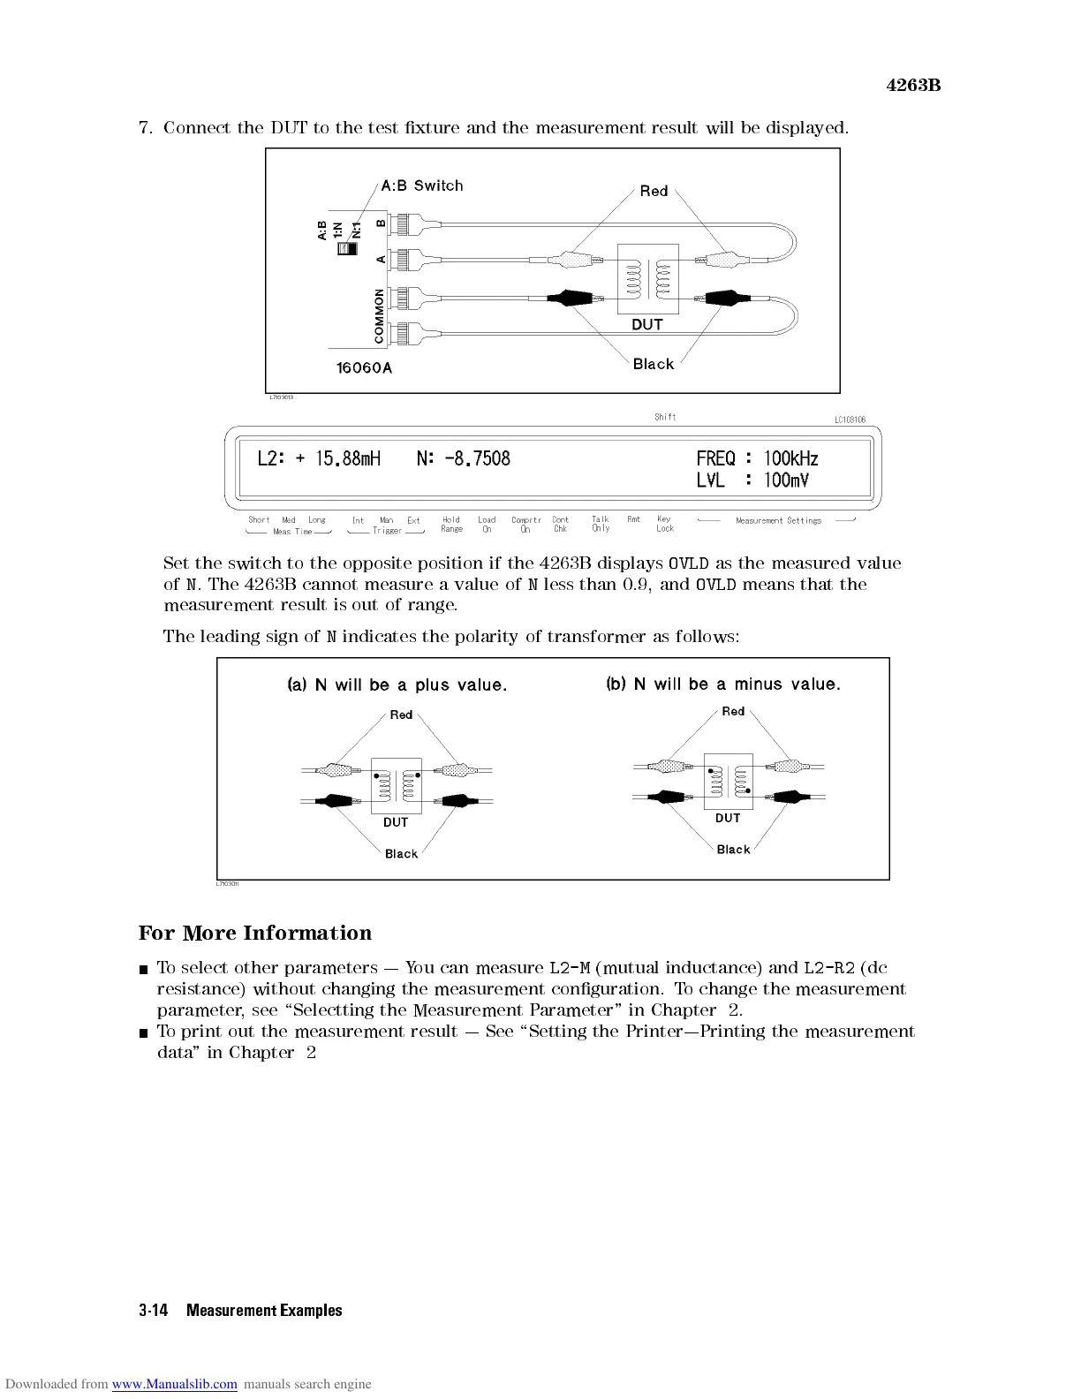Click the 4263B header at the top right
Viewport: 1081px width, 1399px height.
(x=913, y=86)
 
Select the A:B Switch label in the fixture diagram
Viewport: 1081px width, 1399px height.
(x=421, y=185)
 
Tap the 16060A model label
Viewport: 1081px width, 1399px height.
(x=364, y=367)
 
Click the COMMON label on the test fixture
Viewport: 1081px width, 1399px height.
(x=379, y=315)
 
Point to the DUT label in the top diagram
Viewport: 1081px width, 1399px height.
(x=646, y=325)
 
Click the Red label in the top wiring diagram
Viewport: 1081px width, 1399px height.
(x=654, y=191)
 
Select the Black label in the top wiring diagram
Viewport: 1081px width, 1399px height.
(x=653, y=364)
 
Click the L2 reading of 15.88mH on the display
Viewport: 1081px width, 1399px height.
(x=319, y=458)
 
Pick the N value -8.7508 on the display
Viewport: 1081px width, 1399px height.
(x=463, y=458)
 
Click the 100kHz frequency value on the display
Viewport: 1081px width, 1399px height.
(x=790, y=458)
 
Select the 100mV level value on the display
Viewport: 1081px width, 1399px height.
(x=786, y=480)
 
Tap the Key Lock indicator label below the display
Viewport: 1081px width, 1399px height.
(x=664, y=524)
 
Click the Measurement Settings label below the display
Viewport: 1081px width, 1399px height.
(x=778, y=521)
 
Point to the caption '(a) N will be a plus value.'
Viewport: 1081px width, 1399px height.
(x=397, y=685)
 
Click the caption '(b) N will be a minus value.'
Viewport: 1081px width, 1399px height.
(x=723, y=684)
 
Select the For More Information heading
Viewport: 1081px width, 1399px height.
(x=255, y=934)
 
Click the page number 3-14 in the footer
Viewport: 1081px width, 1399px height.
(x=153, y=1311)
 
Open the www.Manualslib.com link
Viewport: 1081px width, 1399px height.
(x=174, y=1384)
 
